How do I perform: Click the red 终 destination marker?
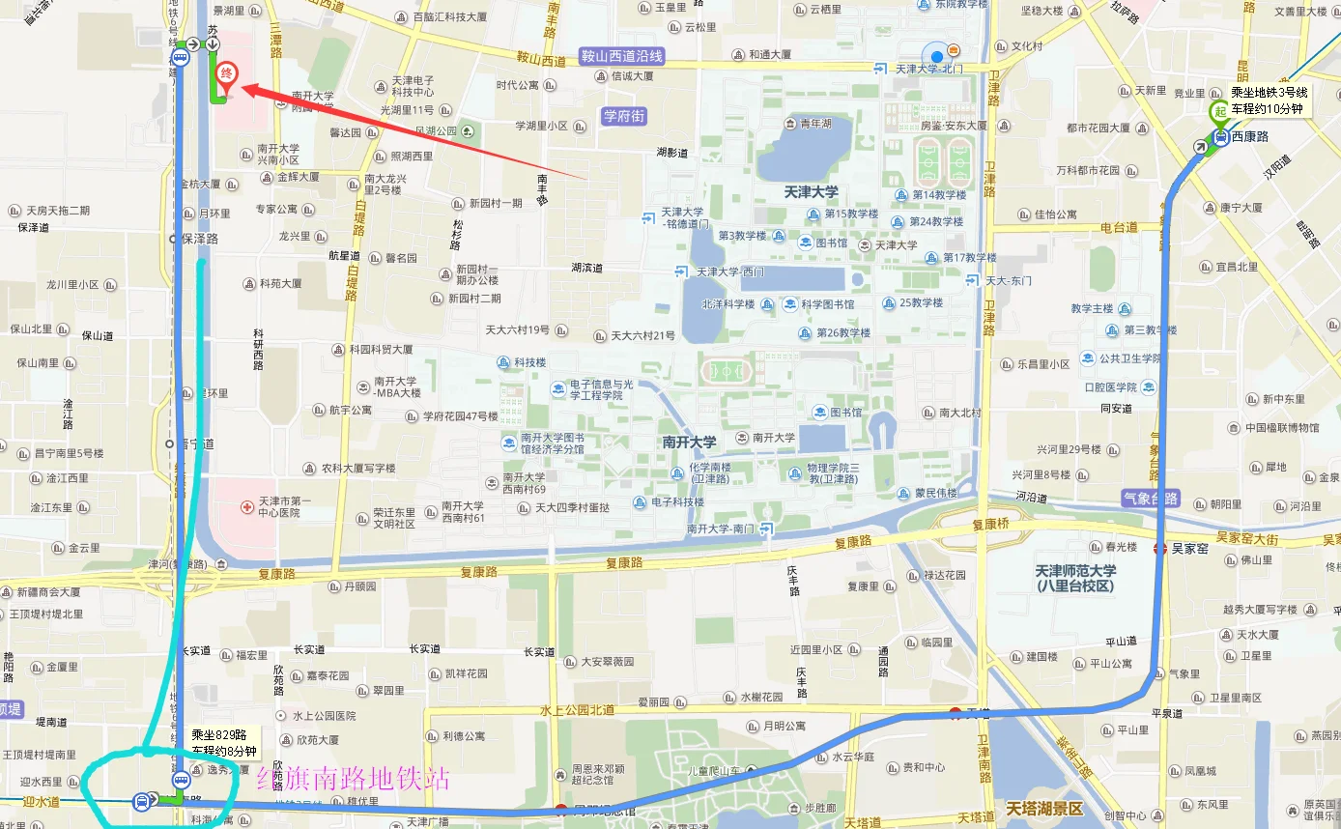(x=225, y=73)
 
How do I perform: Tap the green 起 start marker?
(x=1219, y=112)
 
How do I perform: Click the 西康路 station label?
(x=1251, y=137)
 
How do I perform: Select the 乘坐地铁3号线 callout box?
(x=1267, y=100)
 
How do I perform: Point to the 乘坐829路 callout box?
(x=224, y=742)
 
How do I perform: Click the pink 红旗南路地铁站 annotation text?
(x=353, y=778)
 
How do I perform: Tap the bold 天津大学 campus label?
(x=811, y=192)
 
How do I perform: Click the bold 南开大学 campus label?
(x=689, y=442)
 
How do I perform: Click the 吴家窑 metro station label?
(x=1188, y=549)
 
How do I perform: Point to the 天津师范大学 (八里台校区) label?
(x=1074, y=578)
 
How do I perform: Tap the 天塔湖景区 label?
(x=1043, y=808)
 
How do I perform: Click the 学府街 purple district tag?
(x=623, y=116)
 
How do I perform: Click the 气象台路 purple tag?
(x=1150, y=499)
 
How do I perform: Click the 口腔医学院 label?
(x=1111, y=386)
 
